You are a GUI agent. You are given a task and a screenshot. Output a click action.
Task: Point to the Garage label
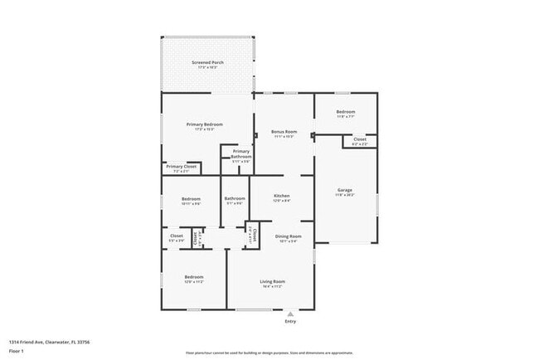click(344, 190)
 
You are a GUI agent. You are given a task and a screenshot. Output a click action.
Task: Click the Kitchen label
click(282, 197)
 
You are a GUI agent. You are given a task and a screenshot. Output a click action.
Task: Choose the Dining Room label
click(289, 236)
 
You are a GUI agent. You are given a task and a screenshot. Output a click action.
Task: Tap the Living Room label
click(273, 281)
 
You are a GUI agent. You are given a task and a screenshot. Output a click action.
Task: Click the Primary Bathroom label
click(240, 154)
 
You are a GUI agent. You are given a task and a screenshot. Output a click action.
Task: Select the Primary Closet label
click(181, 167)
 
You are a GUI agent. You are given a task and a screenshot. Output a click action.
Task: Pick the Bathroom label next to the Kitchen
click(234, 198)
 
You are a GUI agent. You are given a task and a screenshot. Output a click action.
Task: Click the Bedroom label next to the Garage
click(345, 112)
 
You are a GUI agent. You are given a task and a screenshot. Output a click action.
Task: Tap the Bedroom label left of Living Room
click(193, 277)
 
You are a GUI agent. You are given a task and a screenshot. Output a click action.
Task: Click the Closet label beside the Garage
click(360, 139)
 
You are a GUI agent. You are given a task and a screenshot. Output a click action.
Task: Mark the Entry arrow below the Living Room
click(290, 314)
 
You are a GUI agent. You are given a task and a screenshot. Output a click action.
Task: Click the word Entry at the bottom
click(290, 322)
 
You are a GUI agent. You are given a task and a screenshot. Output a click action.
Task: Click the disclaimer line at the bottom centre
click(269, 352)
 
